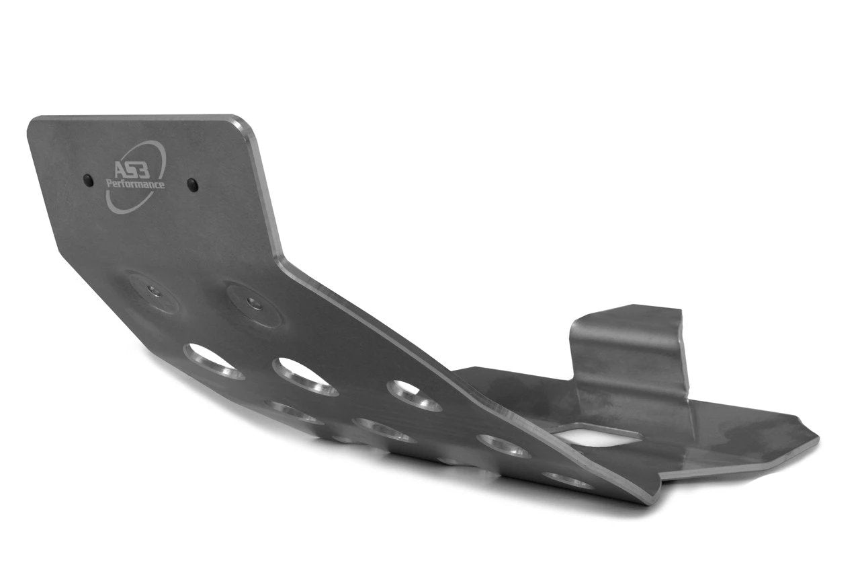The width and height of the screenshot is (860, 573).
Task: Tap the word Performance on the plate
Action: (x=136, y=184)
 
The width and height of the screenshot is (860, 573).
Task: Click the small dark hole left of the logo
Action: (x=88, y=180)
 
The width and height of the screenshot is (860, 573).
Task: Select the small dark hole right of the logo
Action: (x=193, y=185)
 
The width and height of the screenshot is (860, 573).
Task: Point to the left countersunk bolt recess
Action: (x=154, y=292)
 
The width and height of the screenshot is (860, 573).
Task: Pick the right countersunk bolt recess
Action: (x=255, y=305)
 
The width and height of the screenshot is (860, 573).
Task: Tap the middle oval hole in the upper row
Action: (x=305, y=377)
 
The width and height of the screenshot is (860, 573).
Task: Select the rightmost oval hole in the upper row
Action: (x=414, y=395)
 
